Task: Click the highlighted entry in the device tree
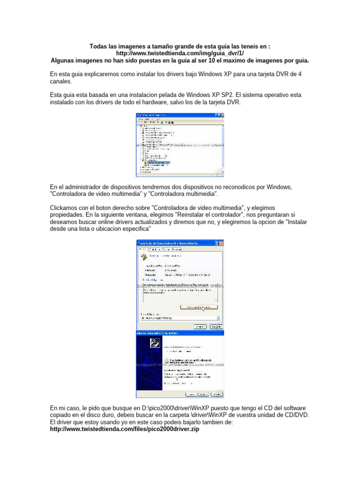pos(159,162)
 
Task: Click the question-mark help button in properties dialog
pos(216,243)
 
